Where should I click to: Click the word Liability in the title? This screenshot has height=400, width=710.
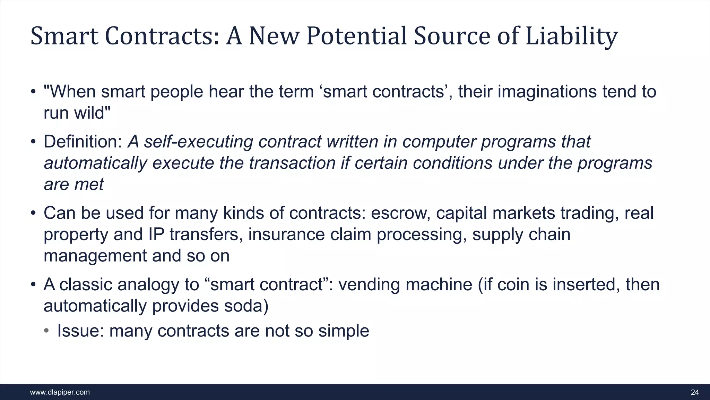tap(571, 36)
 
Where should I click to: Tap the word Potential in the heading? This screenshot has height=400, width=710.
tap(356, 36)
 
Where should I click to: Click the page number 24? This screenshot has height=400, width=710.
tap(695, 392)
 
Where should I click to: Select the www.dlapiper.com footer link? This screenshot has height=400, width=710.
tap(60, 392)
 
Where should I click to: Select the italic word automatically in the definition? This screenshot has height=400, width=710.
tap(95, 163)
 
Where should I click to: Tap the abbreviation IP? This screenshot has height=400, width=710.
tap(156, 234)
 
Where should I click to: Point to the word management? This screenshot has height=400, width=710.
tap(95, 256)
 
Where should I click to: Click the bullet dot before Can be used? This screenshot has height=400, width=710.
tap(33, 213)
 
